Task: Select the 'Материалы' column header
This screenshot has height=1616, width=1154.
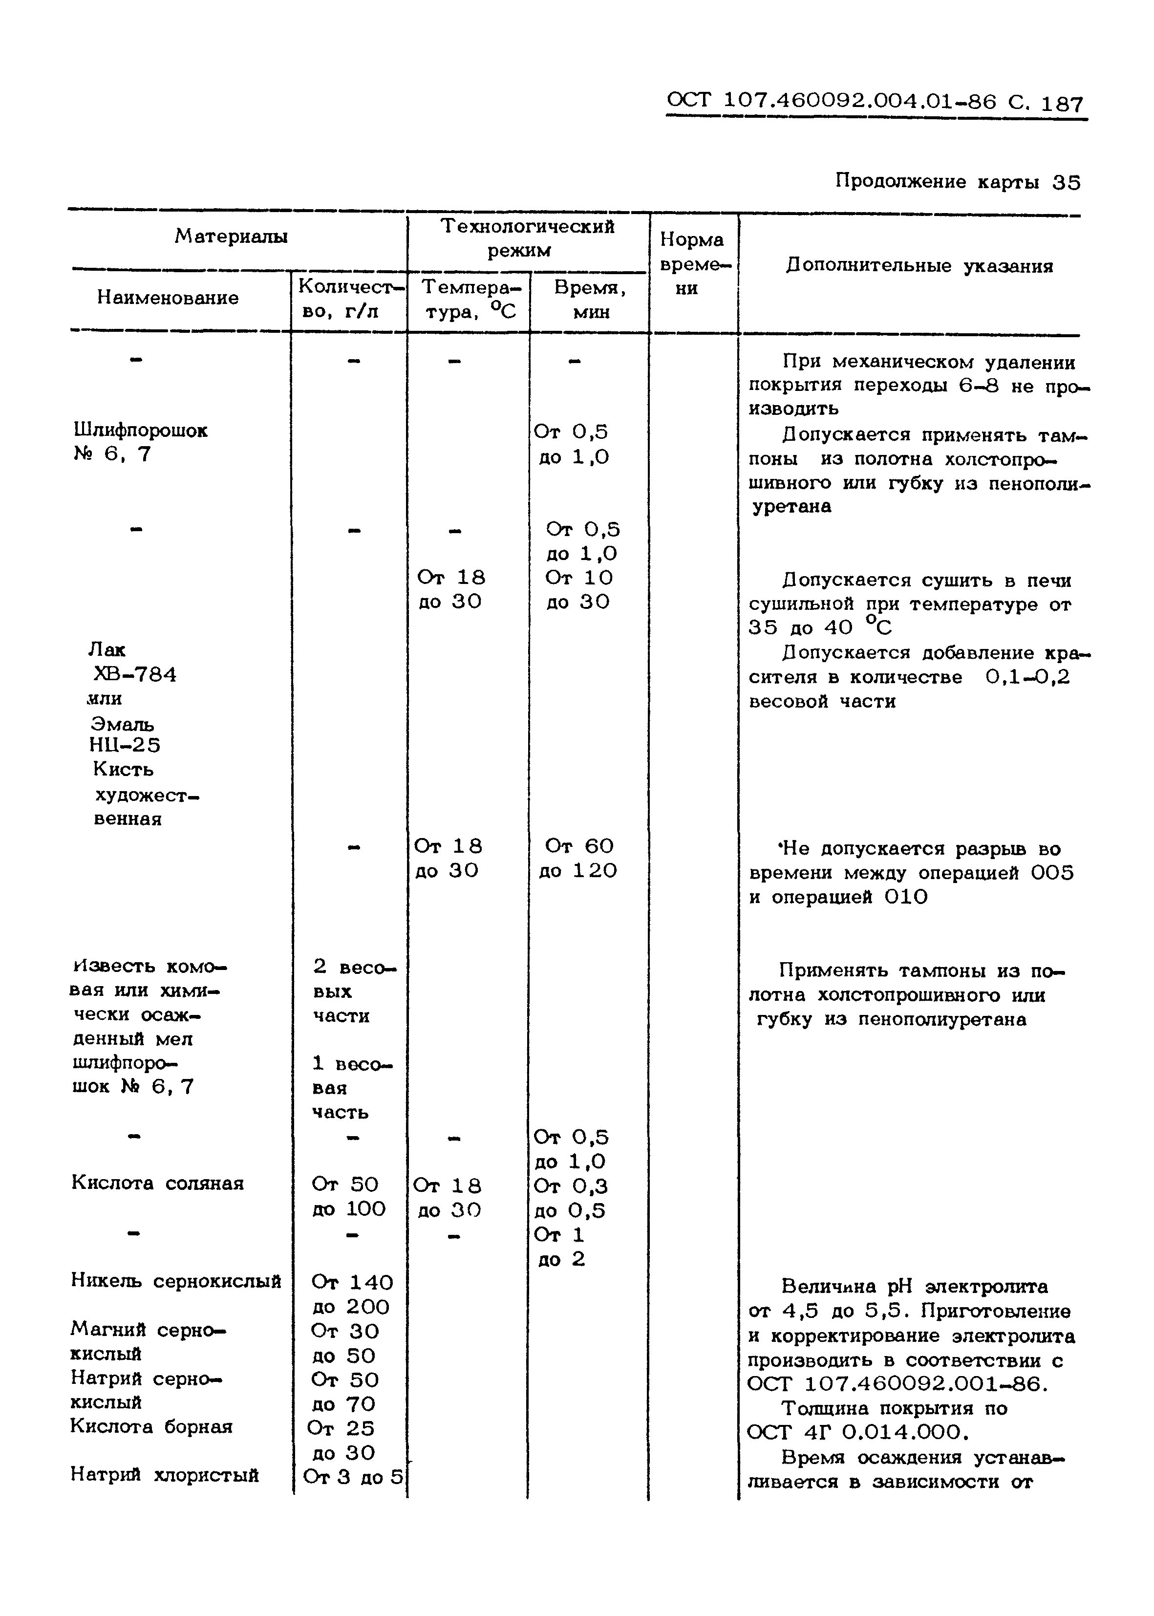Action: pos(231,236)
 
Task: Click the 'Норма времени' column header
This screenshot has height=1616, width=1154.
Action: pos(691,264)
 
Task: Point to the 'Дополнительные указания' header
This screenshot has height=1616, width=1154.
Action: pos(919,266)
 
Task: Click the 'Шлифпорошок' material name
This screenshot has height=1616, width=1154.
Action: pos(140,430)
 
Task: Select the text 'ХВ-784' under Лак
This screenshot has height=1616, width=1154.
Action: pos(135,674)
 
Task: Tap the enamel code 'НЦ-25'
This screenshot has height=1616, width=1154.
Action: pos(125,745)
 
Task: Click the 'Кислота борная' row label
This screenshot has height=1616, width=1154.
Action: pos(151,1426)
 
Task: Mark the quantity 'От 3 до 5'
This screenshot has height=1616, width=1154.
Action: pos(352,1477)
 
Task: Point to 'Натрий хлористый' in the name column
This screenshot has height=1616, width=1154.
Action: pos(164,1475)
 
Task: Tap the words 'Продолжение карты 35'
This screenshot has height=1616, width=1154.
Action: pos(957,183)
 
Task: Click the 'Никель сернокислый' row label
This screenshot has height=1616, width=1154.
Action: pos(175,1281)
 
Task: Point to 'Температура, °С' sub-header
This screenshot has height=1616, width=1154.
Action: pos(469,299)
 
